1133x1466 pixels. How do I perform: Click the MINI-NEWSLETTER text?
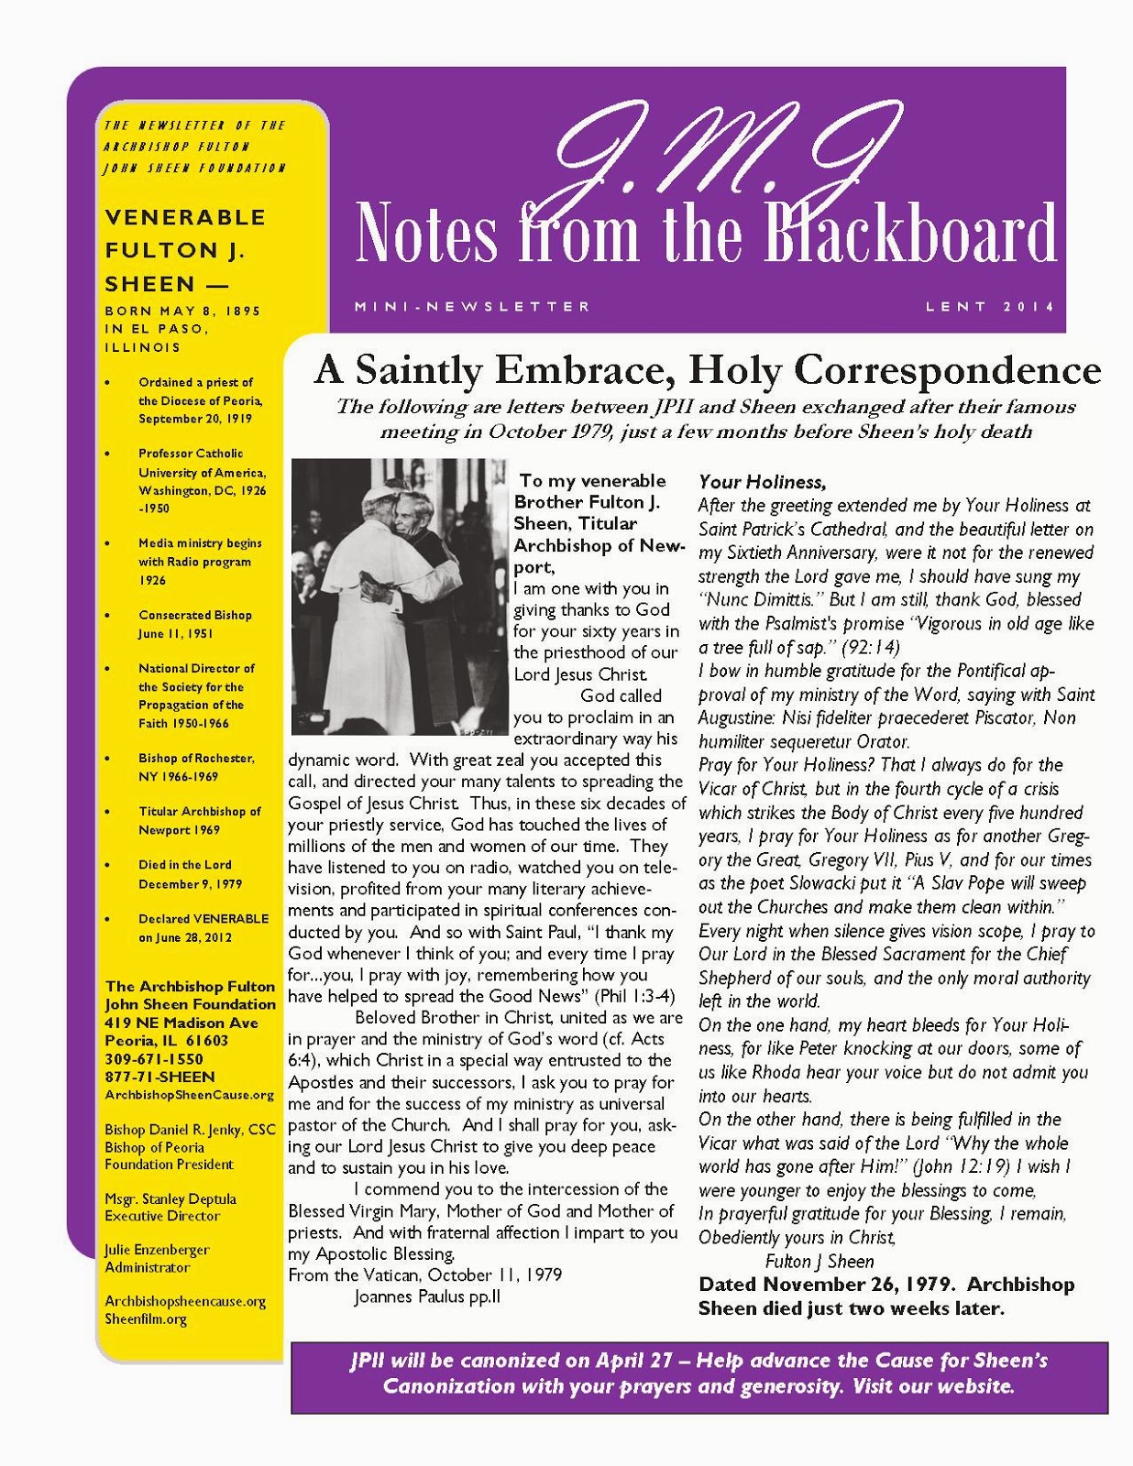473,307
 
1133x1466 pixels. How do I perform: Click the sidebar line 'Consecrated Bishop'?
195,615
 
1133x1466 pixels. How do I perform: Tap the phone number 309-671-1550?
154,1058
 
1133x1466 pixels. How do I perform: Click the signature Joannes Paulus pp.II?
427,1296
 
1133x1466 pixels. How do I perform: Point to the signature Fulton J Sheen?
819,1261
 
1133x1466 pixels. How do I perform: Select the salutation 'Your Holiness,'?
762,482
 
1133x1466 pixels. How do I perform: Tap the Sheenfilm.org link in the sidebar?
146,1318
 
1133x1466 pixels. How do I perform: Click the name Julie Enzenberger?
157,1250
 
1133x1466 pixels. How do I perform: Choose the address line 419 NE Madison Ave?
181,1023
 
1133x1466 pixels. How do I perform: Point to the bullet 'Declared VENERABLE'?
203,918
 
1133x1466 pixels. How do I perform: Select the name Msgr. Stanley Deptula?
170,1198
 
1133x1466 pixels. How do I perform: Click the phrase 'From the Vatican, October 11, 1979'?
425,1275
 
